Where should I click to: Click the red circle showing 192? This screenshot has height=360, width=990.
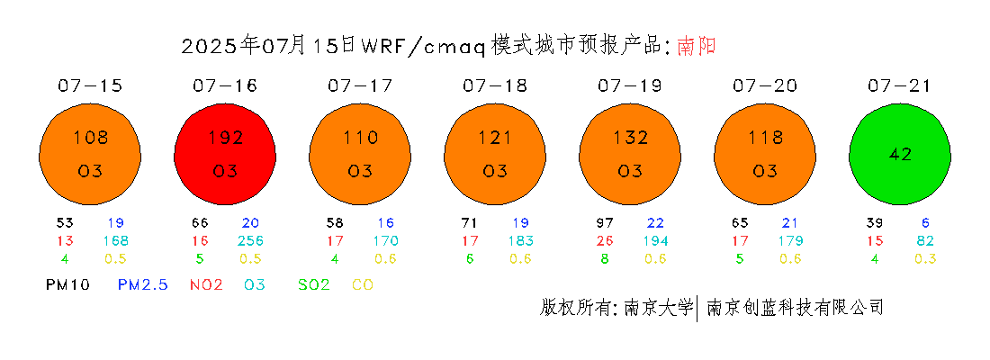tap(225, 154)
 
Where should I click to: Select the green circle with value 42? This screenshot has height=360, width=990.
tap(900, 154)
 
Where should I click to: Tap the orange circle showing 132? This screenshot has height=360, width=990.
tap(629, 154)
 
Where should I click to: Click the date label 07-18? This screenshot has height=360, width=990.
tap(494, 85)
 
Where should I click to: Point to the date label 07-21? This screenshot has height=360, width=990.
tap(899, 85)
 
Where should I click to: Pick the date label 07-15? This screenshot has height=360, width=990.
tap(90, 85)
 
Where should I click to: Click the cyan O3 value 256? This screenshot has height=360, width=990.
tap(251, 240)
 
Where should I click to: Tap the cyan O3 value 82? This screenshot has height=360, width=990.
tap(924, 240)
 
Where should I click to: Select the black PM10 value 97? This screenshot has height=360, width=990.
tap(605, 223)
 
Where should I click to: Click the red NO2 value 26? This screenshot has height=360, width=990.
tap(605, 240)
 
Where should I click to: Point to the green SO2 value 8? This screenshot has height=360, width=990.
tap(605, 258)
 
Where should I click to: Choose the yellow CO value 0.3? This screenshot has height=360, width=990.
tap(924, 258)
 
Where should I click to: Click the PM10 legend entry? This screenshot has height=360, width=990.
tap(68, 285)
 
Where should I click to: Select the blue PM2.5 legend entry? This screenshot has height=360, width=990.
tap(143, 285)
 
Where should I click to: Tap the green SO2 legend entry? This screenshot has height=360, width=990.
tap(314, 285)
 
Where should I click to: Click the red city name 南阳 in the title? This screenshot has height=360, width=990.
tap(697, 46)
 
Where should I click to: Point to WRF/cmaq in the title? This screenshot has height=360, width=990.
tap(423, 47)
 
